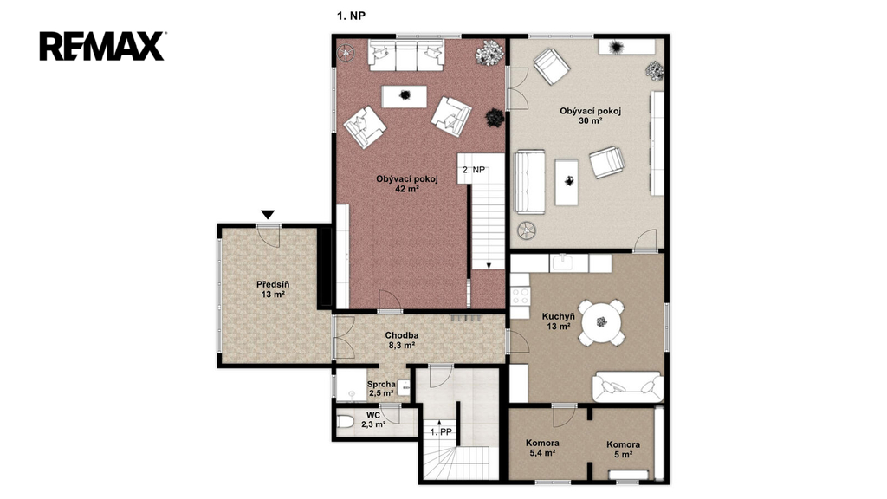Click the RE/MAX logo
[102, 47]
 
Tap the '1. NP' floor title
[352, 16]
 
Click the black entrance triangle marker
[268, 215]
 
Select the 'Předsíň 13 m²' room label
[273, 289]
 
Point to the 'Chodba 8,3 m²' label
[402, 340]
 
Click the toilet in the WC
[345, 422]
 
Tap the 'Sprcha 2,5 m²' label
[381, 389]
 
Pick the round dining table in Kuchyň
[601, 322]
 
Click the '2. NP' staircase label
[474, 170]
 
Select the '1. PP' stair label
[441, 432]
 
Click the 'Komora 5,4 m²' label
[542, 448]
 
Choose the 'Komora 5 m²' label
[624, 450]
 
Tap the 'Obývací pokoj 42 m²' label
[407, 184]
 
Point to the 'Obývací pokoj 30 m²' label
[591, 115]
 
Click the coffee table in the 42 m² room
[405, 95]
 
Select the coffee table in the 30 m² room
[567, 182]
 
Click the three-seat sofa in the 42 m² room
[406, 55]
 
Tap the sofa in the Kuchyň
[628, 387]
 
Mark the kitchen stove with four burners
[520, 296]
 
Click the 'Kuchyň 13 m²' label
[559, 321]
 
